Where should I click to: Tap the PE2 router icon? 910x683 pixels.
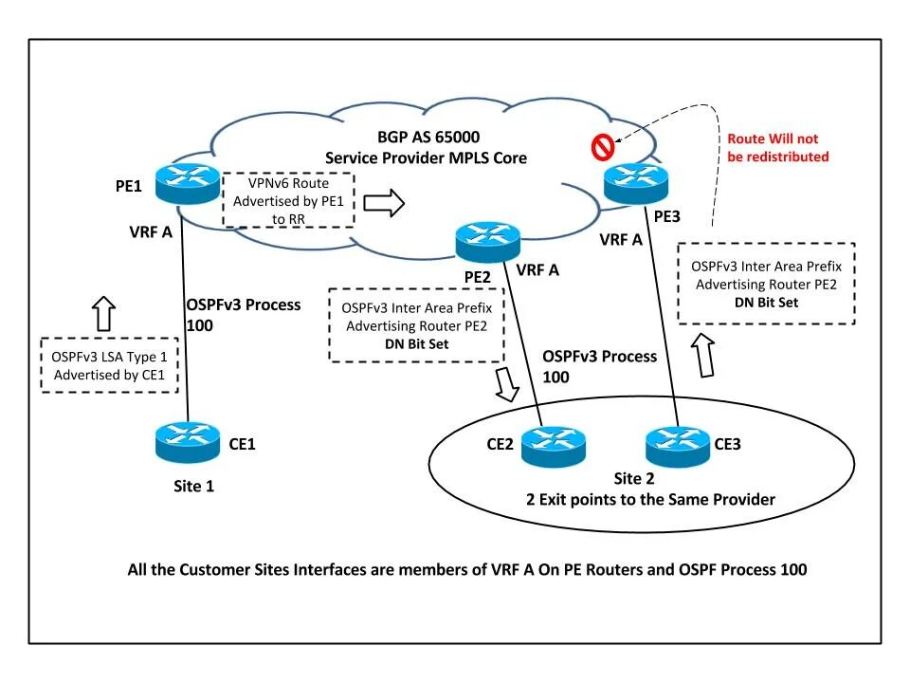482,242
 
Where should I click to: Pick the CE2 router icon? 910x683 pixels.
554,442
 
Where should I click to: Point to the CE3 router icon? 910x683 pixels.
676,443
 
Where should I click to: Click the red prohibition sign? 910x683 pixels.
602,147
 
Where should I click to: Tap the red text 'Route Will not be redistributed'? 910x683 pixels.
777,147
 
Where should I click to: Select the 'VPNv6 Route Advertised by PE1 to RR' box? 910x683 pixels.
288,199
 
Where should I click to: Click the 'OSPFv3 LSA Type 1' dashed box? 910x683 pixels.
110,364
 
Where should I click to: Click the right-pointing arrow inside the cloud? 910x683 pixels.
384,201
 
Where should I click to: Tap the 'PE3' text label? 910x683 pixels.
667,217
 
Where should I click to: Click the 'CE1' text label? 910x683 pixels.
243,443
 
